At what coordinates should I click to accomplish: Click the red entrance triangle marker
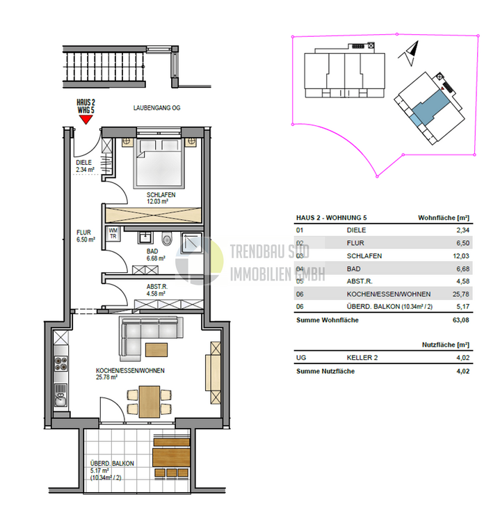point(86,119)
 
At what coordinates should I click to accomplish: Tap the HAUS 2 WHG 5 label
point(86,106)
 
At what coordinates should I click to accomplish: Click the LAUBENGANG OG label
point(157,109)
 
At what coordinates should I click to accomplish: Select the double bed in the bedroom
point(159,161)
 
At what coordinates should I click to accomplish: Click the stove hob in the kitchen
point(61,363)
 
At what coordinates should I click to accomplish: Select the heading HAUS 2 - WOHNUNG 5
point(333,216)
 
